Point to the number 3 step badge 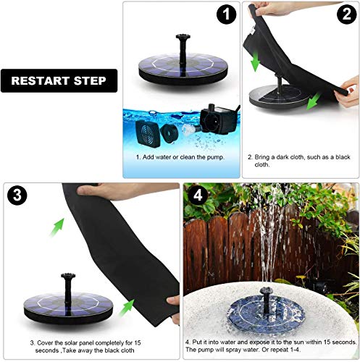click(17, 195)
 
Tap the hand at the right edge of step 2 click(350, 96)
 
